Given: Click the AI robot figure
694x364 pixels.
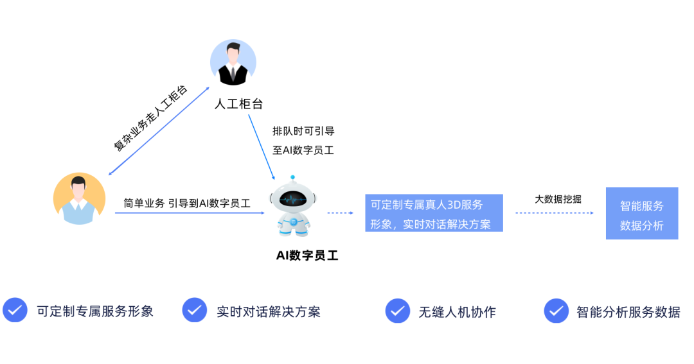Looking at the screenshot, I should click(x=293, y=206).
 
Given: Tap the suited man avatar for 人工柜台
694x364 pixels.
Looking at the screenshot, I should click(x=233, y=63).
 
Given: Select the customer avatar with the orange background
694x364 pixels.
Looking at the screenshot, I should click(x=79, y=198).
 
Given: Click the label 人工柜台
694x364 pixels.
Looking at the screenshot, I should click(x=238, y=104).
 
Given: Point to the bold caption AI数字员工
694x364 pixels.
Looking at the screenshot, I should click(x=307, y=256).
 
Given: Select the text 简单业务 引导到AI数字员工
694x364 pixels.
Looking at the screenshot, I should click(x=187, y=204).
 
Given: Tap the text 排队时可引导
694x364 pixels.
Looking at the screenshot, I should click(x=303, y=131).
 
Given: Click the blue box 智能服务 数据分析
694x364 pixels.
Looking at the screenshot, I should click(x=641, y=214).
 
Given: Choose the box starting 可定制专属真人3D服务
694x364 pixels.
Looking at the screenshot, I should click(x=434, y=213).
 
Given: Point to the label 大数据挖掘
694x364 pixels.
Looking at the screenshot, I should click(x=558, y=199).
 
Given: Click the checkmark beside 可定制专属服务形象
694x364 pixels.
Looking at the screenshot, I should click(x=15, y=310).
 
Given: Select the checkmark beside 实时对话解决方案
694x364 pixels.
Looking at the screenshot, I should click(x=194, y=310).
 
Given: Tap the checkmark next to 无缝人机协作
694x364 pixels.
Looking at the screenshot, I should click(x=398, y=311).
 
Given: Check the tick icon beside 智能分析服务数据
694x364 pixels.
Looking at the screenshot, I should click(x=556, y=311).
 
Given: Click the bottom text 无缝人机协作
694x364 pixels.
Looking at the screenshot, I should click(x=457, y=312).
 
